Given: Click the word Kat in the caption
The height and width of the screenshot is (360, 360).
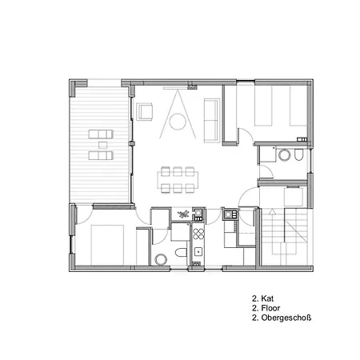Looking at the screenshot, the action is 267,298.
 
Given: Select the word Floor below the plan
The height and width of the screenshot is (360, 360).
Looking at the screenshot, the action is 270,308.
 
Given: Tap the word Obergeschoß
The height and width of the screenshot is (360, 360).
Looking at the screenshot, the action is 286,318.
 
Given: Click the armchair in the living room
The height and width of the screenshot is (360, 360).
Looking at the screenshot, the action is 145,111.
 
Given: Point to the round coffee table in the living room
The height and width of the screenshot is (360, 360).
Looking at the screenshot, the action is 178,122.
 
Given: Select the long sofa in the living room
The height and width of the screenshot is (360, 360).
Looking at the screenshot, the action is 212,121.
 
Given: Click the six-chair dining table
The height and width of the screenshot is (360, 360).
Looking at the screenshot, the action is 178,180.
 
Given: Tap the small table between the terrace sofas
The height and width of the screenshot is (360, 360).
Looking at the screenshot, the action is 102,145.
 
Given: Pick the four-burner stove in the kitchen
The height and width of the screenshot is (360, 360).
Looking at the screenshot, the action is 198,234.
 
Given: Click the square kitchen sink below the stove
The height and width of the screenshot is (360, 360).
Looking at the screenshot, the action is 198,252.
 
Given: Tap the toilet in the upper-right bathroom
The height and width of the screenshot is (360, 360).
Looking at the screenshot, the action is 299,155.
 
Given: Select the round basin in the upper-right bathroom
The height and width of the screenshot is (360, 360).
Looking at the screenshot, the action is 284,155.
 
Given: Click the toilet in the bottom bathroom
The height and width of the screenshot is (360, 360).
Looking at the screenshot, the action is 182,252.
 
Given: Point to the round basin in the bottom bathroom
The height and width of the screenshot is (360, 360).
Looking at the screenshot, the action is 161,259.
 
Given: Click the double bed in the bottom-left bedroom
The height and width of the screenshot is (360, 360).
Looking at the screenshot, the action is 107,245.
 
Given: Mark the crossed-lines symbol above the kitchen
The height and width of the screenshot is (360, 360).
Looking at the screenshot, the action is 183,214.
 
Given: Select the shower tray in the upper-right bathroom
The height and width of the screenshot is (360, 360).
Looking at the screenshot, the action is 267,154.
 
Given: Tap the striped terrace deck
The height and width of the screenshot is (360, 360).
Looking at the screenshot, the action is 100,145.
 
